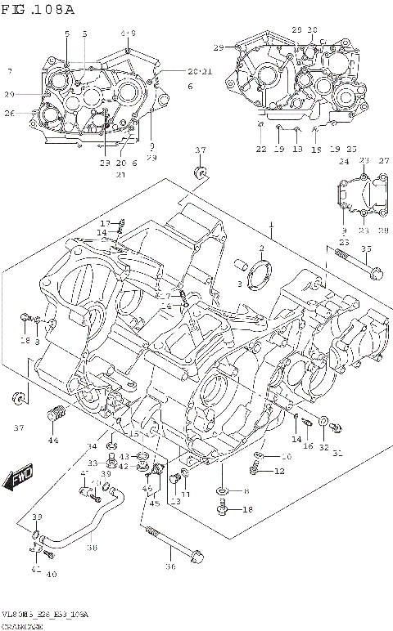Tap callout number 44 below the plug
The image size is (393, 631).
tap(52, 441)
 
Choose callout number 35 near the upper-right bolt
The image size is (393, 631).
tap(365, 248)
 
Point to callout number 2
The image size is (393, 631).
tap(261, 248)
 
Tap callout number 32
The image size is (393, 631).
tap(324, 447)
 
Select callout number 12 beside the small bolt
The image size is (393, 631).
tap(279, 471)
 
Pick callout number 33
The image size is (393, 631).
tap(93, 463)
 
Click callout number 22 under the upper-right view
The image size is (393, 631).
tap(260, 149)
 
